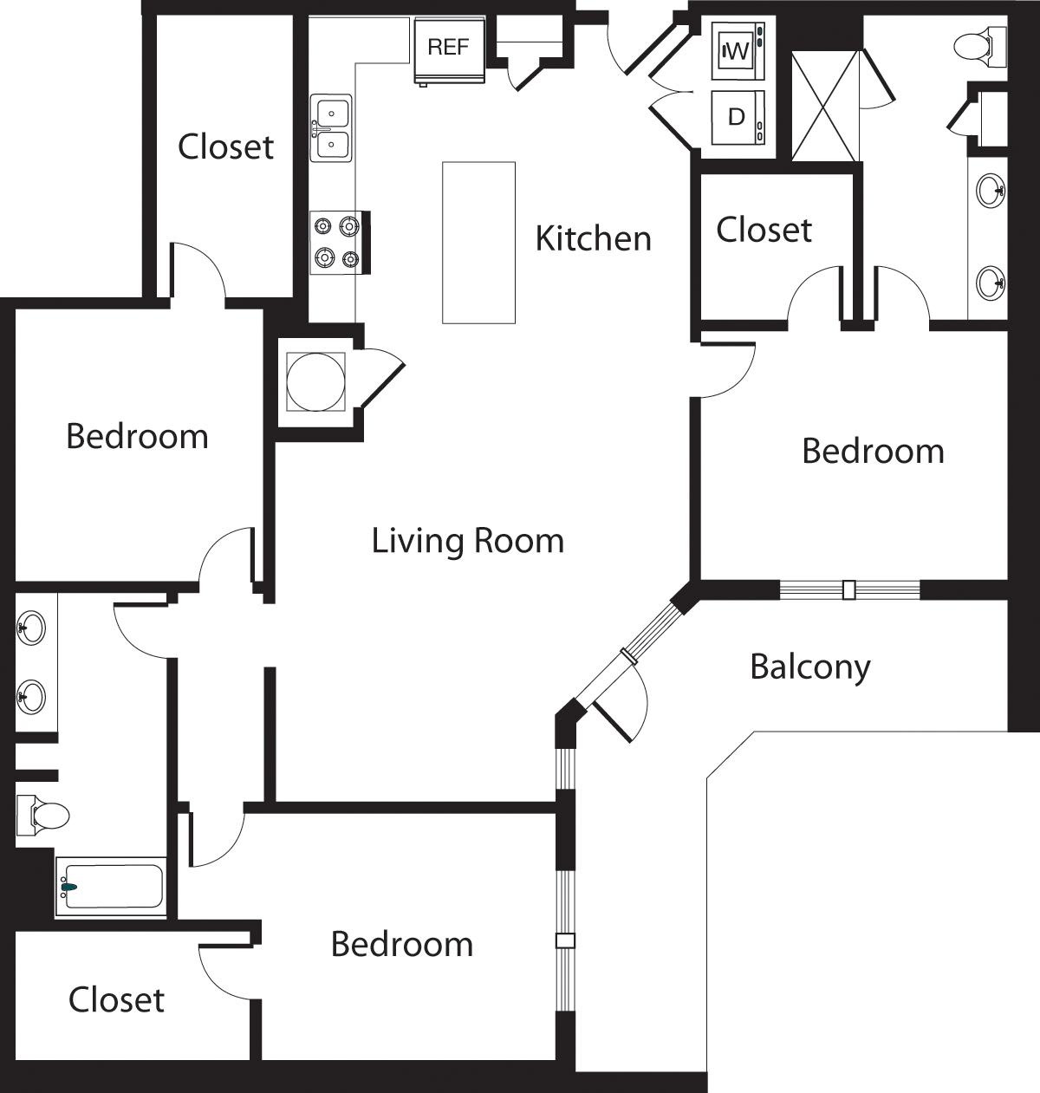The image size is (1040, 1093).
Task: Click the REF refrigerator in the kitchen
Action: tap(448, 51)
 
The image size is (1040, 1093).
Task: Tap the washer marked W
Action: tap(738, 51)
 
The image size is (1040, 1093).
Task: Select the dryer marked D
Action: tap(738, 117)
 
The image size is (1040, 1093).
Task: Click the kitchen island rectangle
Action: tap(478, 243)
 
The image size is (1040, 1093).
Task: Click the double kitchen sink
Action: tap(332, 128)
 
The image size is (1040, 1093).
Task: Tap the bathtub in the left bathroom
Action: tap(111, 886)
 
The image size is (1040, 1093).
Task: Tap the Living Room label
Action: tap(468, 541)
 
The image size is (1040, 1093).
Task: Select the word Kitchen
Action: tap(593, 237)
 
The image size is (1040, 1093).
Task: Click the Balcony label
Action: tap(809, 667)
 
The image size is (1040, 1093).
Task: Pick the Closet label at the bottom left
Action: tap(116, 999)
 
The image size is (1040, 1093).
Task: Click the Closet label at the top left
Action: tap(225, 146)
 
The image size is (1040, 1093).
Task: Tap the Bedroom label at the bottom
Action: tap(402, 944)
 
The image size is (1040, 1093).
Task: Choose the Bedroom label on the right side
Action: tap(873, 451)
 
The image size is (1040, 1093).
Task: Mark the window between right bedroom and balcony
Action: tap(849, 589)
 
